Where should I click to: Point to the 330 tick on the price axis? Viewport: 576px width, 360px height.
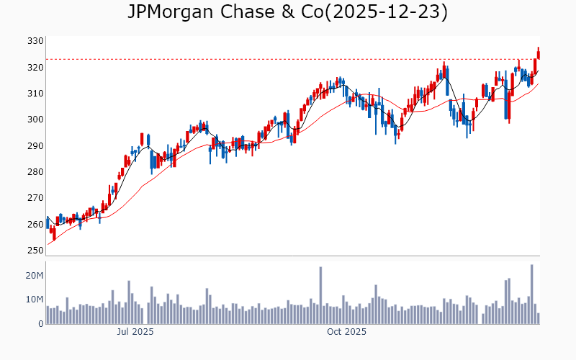[x=35, y=41]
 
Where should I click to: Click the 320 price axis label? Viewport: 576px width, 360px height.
[x=35, y=68]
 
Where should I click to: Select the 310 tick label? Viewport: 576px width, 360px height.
[x=35, y=94]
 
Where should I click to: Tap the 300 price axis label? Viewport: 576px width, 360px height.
[x=35, y=120]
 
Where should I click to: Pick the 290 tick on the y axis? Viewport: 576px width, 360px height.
[x=35, y=146]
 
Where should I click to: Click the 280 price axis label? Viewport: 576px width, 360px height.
[x=35, y=172]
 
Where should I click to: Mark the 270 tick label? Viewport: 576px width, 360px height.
[x=35, y=198]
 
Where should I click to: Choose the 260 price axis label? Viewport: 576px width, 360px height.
[x=35, y=224]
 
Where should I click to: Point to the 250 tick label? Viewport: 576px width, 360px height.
[x=35, y=251]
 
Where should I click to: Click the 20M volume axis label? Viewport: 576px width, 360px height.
[x=33, y=276]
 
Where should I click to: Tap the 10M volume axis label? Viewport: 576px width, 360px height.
[x=33, y=300]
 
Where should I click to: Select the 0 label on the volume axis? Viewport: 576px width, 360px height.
[x=40, y=323]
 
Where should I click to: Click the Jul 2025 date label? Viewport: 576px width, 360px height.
[x=135, y=332]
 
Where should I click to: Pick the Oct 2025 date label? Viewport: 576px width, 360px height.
[x=347, y=332]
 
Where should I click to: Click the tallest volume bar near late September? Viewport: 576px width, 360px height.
[x=320, y=295]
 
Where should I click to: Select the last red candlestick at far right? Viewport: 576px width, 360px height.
[x=538, y=54]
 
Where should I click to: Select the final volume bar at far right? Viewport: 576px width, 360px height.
[x=538, y=318]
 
